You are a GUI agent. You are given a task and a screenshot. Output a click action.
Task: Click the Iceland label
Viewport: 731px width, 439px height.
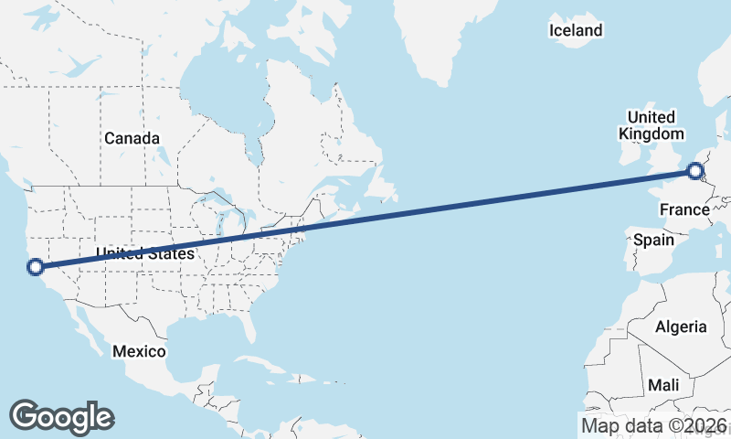pos(576,31)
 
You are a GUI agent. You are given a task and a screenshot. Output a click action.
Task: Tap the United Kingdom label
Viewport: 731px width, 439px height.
pos(652,125)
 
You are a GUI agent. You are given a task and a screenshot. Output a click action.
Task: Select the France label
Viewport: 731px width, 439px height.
pos(685,210)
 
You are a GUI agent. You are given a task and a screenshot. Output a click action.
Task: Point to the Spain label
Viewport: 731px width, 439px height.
pos(653,241)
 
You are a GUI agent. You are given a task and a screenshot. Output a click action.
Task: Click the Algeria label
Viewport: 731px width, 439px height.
pos(681,327)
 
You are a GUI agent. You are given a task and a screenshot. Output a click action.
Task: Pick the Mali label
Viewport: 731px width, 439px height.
pos(663,385)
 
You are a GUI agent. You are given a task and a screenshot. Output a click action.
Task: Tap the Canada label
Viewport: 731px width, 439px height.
pos(132,138)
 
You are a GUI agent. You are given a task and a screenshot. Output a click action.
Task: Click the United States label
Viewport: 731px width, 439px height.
pos(145,253)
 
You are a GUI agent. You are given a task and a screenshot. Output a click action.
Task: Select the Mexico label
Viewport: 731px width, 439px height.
pos(139,351)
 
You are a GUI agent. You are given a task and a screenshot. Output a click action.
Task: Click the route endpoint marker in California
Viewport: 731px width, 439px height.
pos(36,267)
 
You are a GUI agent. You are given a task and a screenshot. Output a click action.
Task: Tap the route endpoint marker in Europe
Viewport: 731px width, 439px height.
pos(695,170)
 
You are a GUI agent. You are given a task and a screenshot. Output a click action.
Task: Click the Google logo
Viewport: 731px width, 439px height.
pos(61,416)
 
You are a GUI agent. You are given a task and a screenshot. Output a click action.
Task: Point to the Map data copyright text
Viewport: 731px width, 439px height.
pos(654,425)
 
